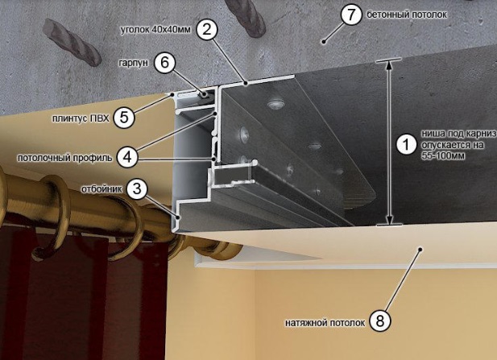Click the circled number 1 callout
pos(406,145)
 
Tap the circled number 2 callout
pos(207,30)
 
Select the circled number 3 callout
pos(137,189)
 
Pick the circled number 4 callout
pos(127,157)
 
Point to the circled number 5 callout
pos(124,118)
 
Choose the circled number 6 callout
pos(165,63)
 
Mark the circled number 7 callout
pos(351,14)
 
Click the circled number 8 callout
pos(380,321)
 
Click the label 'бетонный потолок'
pos(407,14)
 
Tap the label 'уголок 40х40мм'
pos(155,30)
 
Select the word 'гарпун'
pos(134,63)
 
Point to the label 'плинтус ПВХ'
pos(81,118)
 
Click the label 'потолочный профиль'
pos(64,158)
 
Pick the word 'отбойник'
pos(101,189)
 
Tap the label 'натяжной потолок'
pos(325,323)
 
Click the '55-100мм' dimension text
pos(443,156)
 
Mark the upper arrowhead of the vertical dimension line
pos(389,64)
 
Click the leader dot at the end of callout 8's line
pos(420,249)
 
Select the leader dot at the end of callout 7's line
pos(324,41)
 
